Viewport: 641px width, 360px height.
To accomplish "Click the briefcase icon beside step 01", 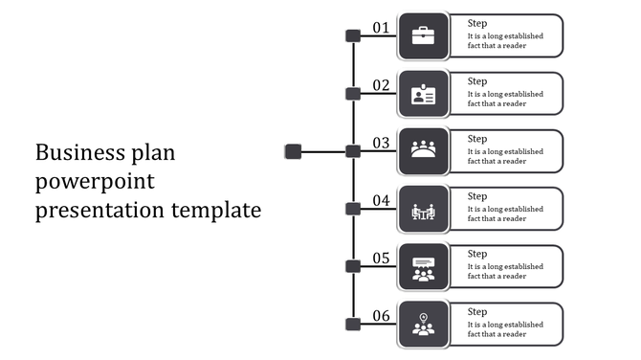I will pyautogui.click(x=423, y=36).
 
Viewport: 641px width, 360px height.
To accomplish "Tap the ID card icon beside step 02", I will pyautogui.click(x=423, y=94).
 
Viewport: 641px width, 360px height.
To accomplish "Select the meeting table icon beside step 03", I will pyautogui.click(x=423, y=150).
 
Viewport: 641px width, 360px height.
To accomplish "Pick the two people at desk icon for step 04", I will pyautogui.click(x=423, y=210).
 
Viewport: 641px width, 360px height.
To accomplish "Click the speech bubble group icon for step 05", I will pyautogui.click(x=423, y=267).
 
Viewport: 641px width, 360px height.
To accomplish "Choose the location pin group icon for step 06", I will pyautogui.click(x=423, y=324).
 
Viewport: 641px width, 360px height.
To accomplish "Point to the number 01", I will pyautogui.click(x=381, y=28).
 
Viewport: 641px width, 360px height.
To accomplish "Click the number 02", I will pyautogui.click(x=381, y=85).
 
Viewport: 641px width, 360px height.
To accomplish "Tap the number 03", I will pyautogui.click(x=381, y=143).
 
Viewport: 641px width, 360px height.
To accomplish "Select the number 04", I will pyautogui.click(x=381, y=200).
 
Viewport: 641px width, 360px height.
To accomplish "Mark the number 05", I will pyautogui.click(x=381, y=258).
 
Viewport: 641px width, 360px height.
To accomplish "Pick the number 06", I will pyautogui.click(x=381, y=315).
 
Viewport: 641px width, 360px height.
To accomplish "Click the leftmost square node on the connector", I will pyautogui.click(x=293, y=151).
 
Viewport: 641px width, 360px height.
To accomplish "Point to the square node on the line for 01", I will pyautogui.click(x=353, y=36).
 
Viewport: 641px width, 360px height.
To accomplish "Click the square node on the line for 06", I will pyautogui.click(x=353, y=324).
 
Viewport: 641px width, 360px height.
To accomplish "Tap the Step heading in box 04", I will pyautogui.click(x=477, y=196).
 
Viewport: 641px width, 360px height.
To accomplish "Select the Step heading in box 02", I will pyautogui.click(x=477, y=81).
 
